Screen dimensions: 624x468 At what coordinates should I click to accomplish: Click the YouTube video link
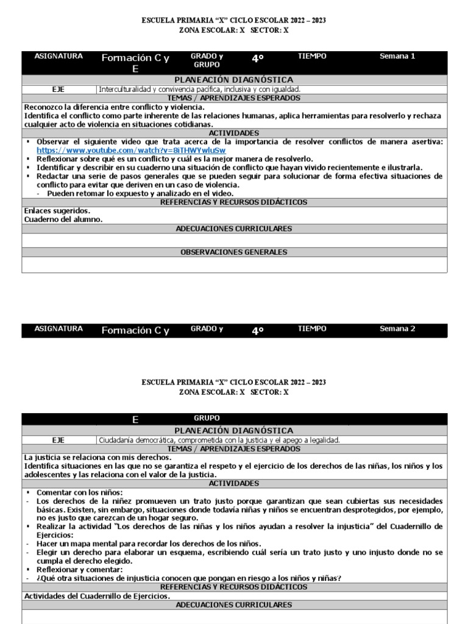(131, 151)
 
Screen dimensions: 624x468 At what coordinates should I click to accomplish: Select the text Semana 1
(397, 57)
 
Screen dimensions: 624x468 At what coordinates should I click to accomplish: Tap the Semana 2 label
(397, 329)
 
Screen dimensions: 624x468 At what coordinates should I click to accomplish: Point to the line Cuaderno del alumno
(63, 219)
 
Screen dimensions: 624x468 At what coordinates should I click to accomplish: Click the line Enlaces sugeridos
(61, 211)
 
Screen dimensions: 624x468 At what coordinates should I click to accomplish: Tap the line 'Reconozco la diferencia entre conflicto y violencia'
(115, 107)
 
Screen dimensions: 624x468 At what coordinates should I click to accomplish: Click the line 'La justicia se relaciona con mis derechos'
(97, 457)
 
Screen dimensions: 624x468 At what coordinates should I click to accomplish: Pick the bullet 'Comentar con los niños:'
(79, 492)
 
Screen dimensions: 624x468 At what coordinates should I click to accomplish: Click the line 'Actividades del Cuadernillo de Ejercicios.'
(97, 596)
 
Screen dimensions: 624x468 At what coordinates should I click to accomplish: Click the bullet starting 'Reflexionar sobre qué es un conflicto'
(175, 159)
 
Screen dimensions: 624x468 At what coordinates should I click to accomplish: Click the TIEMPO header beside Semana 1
(312, 57)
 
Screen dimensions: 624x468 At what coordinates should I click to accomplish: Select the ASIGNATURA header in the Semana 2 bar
(58, 329)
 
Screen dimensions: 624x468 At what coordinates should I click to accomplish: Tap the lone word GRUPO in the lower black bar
(207, 419)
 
